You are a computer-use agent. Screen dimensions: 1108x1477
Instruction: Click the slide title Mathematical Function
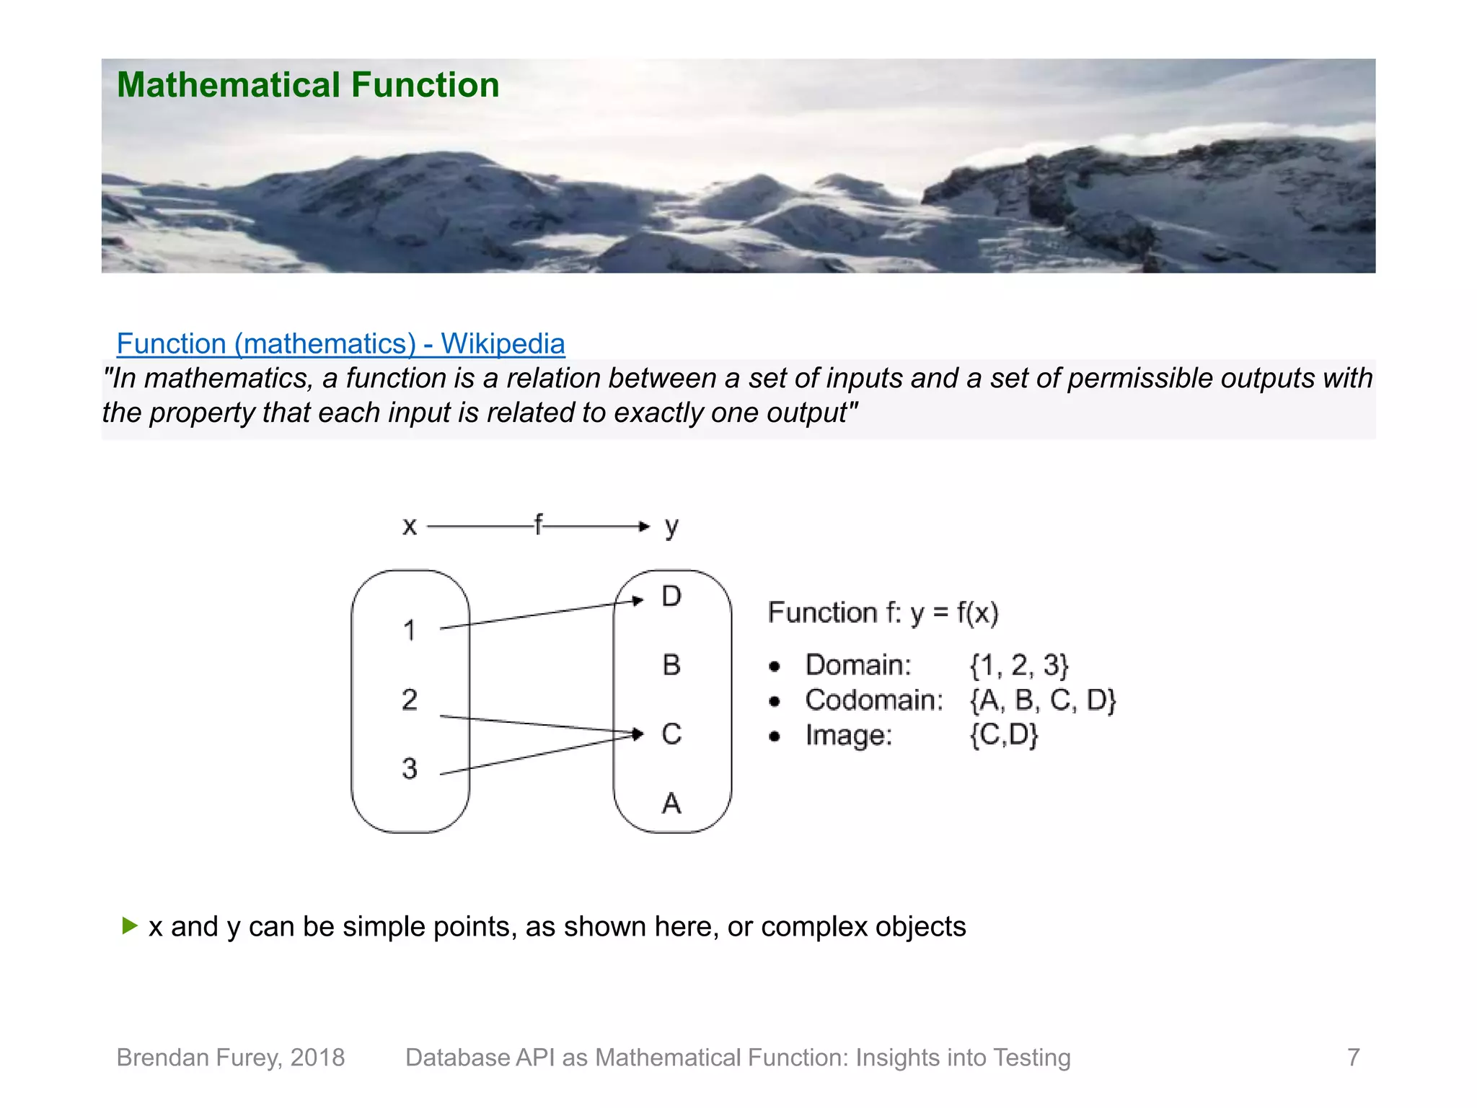click(x=308, y=85)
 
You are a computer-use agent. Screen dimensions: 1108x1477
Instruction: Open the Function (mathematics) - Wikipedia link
click(x=340, y=343)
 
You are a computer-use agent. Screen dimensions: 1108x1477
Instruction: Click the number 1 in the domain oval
click(x=410, y=630)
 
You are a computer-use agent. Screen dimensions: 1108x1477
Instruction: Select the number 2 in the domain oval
click(x=410, y=700)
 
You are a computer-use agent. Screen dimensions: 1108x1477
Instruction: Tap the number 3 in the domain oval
click(x=410, y=768)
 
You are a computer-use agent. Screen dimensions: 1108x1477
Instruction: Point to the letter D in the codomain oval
click(x=671, y=597)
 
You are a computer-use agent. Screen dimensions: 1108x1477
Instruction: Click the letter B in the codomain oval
click(x=671, y=665)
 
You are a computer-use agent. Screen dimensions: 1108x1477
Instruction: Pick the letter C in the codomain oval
click(x=671, y=734)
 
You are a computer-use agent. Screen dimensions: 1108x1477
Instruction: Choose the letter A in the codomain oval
click(x=671, y=803)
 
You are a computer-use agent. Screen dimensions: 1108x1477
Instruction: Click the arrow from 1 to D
click(x=541, y=614)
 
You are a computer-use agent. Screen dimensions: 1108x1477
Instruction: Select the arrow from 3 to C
click(x=541, y=755)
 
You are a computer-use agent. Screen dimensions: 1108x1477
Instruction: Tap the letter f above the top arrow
click(x=538, y=524)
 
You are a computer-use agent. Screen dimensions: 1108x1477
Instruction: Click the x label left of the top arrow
click(x=410, y=527)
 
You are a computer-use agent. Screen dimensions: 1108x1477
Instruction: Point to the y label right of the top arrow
click(x=671, y=527)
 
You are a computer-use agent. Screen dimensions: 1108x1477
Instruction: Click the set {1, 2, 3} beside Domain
click(x=1018, y=665)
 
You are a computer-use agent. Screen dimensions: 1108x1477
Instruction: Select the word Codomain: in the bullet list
click(x=874, y=700)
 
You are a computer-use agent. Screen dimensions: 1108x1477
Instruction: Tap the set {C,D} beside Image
click(x=1004, y=735)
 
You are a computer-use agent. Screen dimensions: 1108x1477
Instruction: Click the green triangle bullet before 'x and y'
click(x=130, y=925)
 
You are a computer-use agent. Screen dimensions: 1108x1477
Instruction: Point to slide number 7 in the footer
click(x=1354, y=1058)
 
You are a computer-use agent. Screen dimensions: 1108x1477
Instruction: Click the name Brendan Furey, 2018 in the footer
click(x=231, y=1058)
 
